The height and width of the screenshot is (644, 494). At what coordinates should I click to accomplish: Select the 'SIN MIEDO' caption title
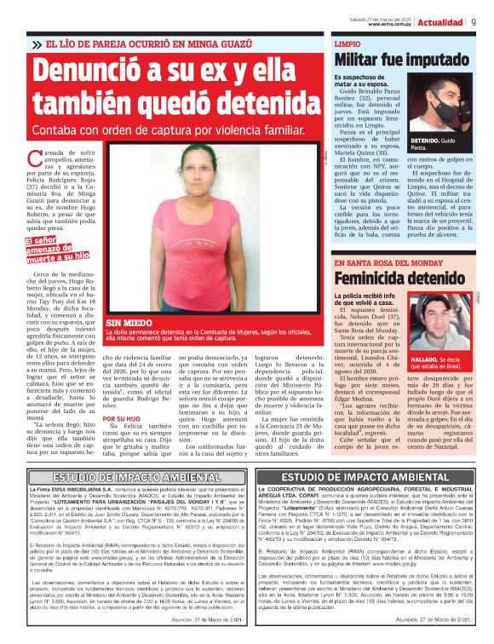tap(125, 325)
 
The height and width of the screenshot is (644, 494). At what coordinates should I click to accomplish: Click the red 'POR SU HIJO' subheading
tap(121, 418)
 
